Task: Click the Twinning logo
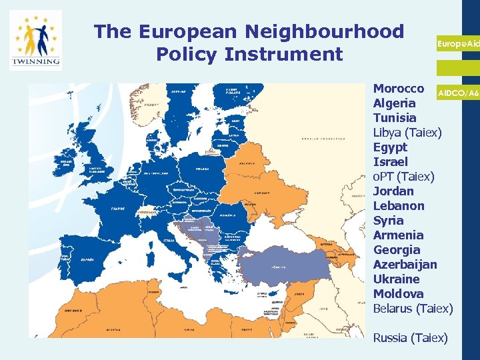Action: click(x=35, y=41)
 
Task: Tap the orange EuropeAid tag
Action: click(x=458, y=43)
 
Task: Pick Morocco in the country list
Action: click(x=399, y=89)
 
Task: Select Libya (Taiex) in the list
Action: click(x=407, y=133)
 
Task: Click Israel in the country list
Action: click(x=390, y=162)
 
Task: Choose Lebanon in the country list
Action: click(x=399, y=206)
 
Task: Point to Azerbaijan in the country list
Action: click(x=405, y=265)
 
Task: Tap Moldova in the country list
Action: click(x=399, y=294)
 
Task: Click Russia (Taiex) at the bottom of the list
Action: click(x=410, y=338)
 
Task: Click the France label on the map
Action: click(x=117, y=207)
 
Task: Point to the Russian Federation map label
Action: click(x=319, y=139)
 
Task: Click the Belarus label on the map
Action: click(x=247, y=162)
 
